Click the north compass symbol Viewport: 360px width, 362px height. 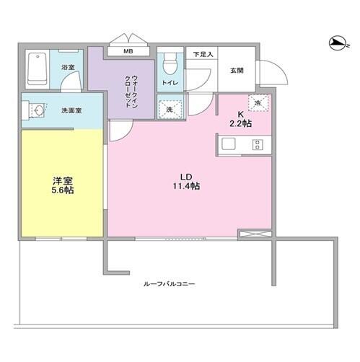pos(337,43)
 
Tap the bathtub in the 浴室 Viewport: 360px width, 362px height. pos(38,69)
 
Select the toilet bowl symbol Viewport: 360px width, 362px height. pos(170,63)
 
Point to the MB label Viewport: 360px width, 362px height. pos(128,51)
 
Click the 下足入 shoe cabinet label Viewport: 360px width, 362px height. pos(203,54)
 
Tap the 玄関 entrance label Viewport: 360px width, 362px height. pos(237,71)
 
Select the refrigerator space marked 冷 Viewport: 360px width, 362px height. pos(258,103)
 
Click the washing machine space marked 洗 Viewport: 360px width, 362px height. pos(170,110)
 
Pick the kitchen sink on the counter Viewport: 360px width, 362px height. pos(229,144)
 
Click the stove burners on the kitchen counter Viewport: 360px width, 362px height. pos(258,145)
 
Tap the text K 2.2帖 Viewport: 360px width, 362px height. pos(241,120)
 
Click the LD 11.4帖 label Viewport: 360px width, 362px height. pos(186,182)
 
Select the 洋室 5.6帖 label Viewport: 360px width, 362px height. pos(63,185)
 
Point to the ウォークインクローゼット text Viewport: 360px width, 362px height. pos(131,92)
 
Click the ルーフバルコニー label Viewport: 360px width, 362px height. pos(170,284)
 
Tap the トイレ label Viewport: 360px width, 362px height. pos(170,83)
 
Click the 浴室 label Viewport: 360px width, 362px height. pos(68,67)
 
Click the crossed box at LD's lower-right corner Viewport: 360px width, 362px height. pos(255,234)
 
